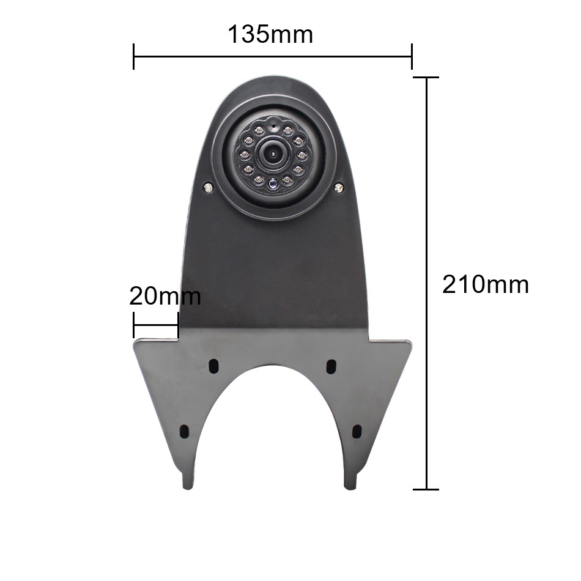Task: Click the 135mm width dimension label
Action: [270, 34]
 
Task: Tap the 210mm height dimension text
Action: [486, 284]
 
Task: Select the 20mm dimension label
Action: [165, 296]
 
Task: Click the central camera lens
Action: [273, 154]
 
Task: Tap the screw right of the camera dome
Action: [338, 188]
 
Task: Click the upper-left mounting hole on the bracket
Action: [214, 366]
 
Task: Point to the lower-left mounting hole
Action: [184, 431]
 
